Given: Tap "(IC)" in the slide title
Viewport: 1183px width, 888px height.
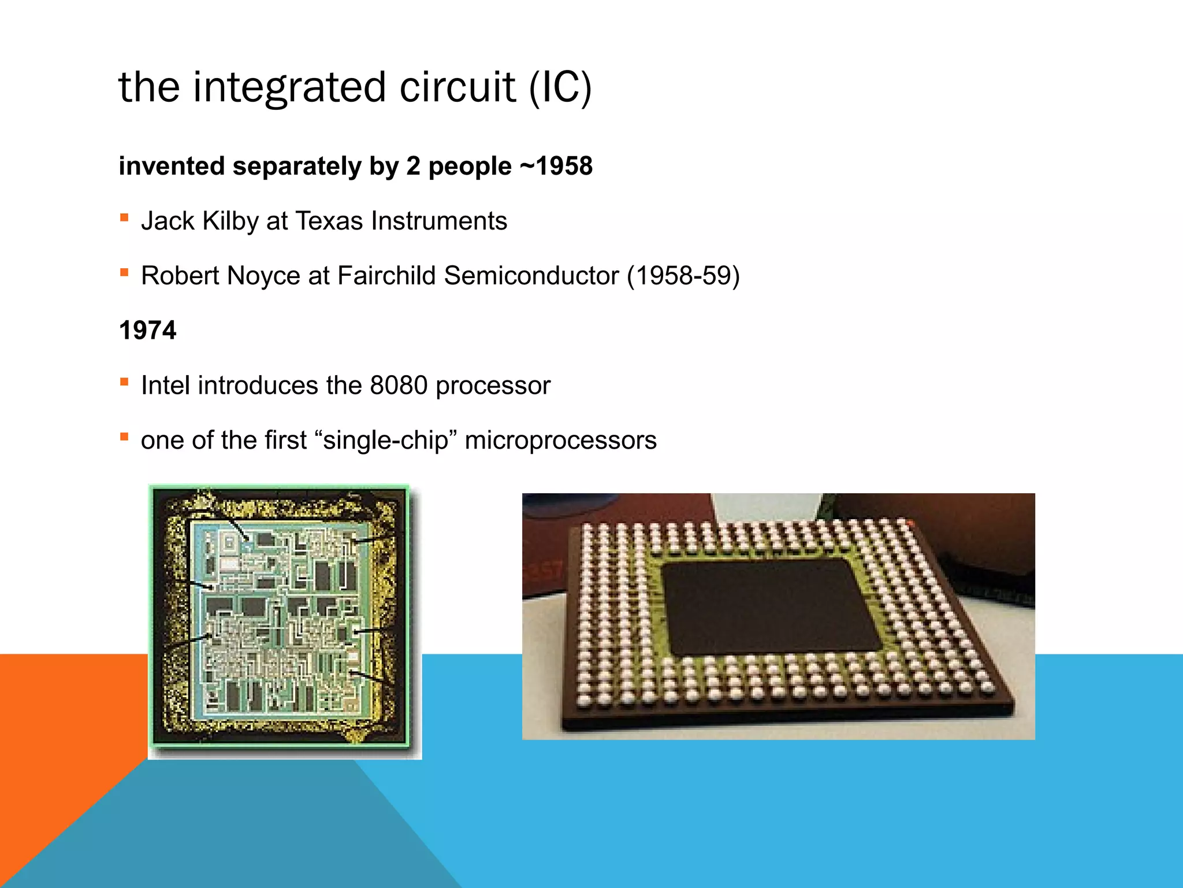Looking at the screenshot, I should [x=560, y=88].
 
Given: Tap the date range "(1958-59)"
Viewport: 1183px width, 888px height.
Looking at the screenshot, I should [x=683, y=276].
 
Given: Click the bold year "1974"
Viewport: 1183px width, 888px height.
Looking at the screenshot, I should [x=147, y=331].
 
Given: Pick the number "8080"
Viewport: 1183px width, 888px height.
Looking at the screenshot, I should [x=399, y=386].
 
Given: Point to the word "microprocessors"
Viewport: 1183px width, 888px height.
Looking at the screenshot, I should [x=560, y=441].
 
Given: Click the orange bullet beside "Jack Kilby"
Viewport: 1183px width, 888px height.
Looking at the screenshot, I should [x=124, y=218].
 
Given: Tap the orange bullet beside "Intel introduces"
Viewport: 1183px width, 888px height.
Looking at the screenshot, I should [x=124, y=382].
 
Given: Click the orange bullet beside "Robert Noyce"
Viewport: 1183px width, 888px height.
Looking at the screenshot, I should [x=124, y=272].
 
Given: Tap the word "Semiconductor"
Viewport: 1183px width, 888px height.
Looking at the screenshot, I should [x=531, y=276].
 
